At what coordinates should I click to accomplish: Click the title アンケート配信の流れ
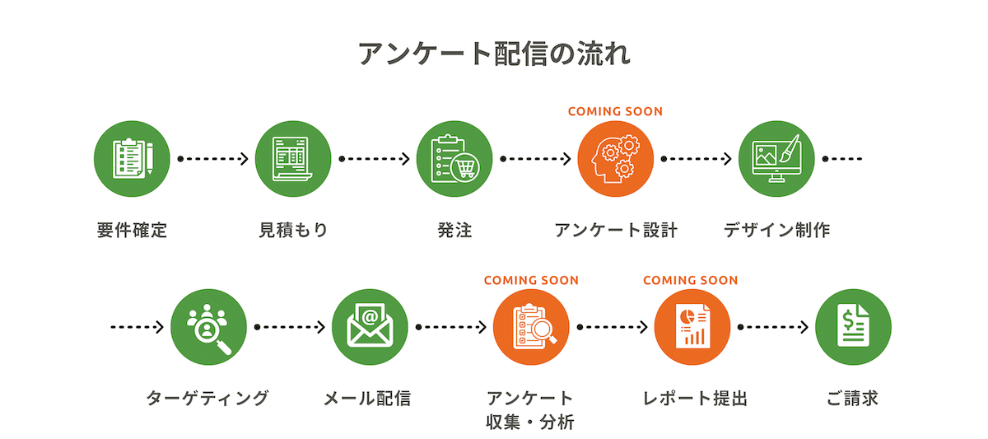coord(494,54)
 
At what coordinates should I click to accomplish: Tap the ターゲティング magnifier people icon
coord(209,327)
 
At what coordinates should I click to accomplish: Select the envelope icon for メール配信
coord(370,327)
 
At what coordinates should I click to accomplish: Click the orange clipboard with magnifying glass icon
coord(531,327)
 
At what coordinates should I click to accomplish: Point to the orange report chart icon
coord(692,327)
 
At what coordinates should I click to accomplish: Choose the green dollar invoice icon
coord(853,327)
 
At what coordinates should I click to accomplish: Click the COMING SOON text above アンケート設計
coord(615,111)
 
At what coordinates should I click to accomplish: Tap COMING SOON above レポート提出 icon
coord(690,280)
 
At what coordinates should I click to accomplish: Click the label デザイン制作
coord(776,231)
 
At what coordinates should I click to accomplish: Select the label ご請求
coord(852,399)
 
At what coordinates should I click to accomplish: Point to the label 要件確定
coord(132,231)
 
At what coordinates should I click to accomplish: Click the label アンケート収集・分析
coord(530,410)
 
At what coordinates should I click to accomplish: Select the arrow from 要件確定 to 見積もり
coord(212,158)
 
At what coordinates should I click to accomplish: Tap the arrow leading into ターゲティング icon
coord(137,327)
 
